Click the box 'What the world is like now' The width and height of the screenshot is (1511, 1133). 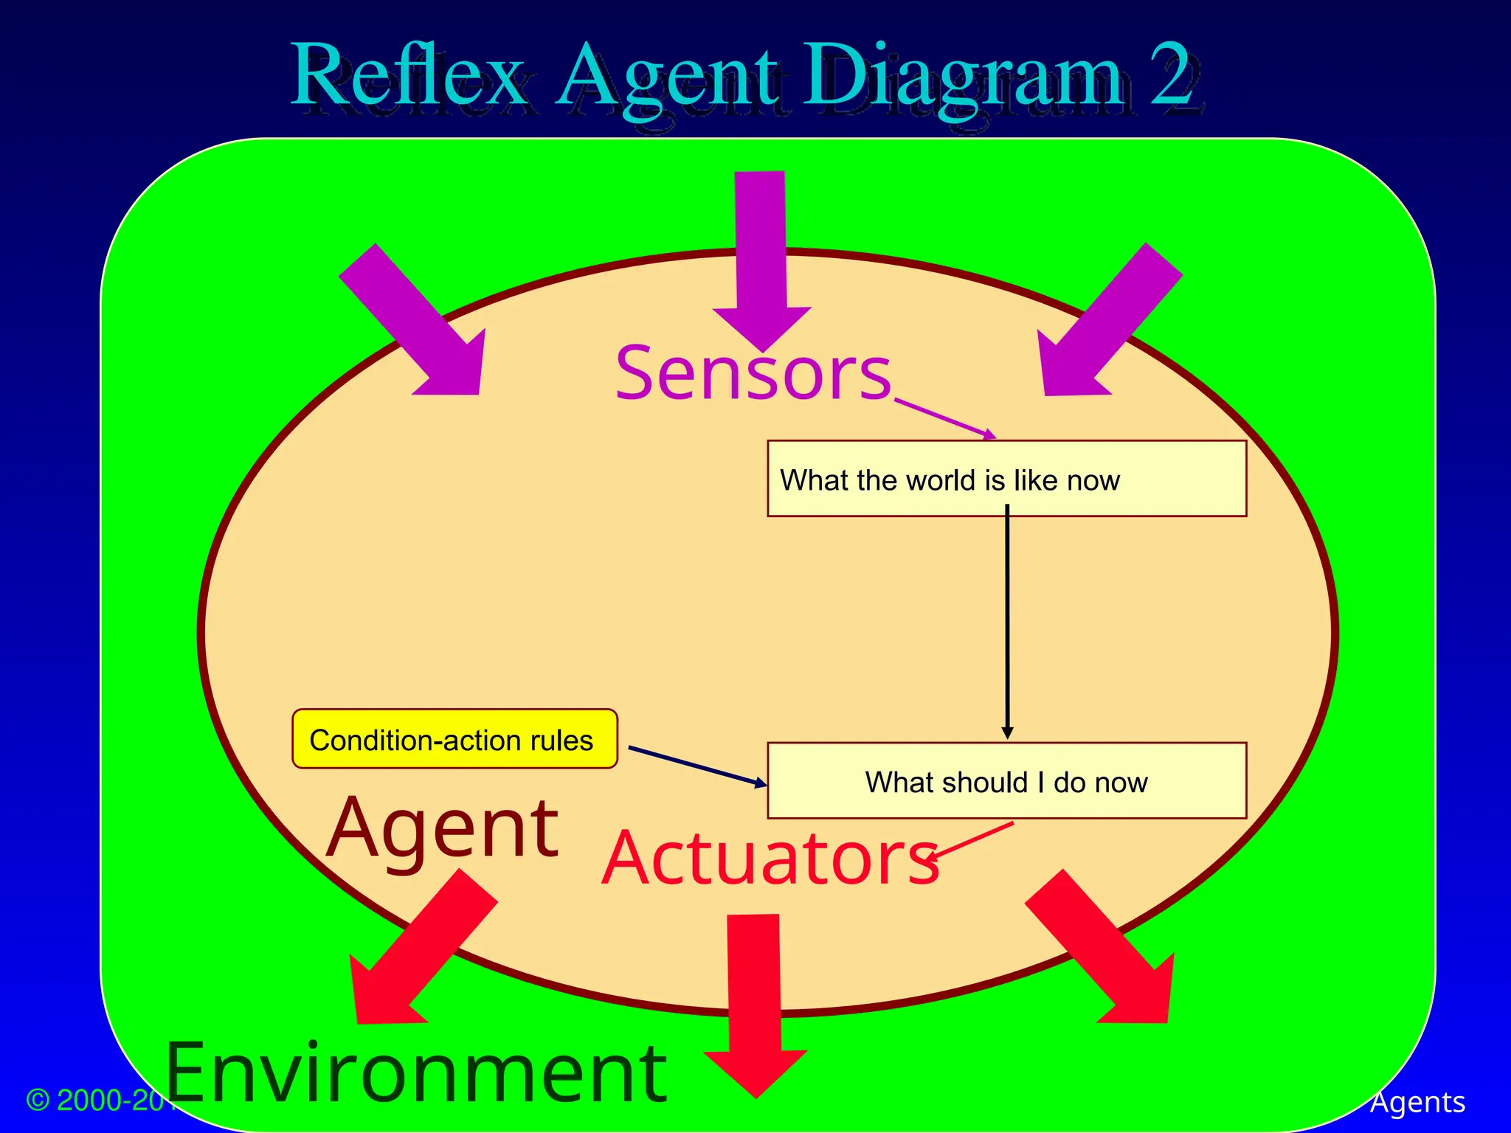(1006, 479)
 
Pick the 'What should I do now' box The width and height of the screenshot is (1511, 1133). (1006, 780)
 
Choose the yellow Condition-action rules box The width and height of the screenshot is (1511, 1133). (454, 739)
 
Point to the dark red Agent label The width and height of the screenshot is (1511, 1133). (443, 830)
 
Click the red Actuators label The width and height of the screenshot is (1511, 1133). (770, 859)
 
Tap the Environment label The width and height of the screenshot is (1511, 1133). (417, 1073)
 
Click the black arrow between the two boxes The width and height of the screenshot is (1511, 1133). (1007, 620)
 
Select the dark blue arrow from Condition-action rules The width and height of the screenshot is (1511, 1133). (697, 766)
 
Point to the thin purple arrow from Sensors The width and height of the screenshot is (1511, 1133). (944, 418)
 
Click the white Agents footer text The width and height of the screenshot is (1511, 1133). (1417, 1102)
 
